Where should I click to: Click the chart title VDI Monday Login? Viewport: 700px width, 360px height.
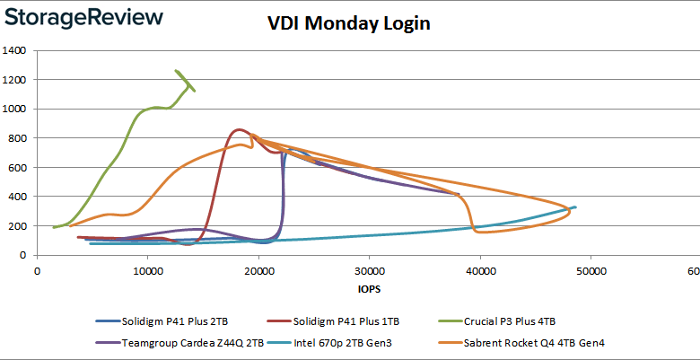pos(349,23)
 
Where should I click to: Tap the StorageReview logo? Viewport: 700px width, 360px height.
pos(86,17)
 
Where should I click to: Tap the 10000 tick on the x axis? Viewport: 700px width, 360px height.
pos(147,270)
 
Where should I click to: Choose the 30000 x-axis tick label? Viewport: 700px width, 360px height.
pos(369,270)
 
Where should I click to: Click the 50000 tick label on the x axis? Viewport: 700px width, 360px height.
pos(591,270)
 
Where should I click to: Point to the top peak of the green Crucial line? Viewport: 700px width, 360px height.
pos(177,71)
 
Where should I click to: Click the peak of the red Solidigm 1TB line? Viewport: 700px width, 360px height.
pos(238,129)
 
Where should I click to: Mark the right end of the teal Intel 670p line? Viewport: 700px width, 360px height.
pos(575,207)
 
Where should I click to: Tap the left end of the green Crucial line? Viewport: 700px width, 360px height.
pos(54,227)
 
